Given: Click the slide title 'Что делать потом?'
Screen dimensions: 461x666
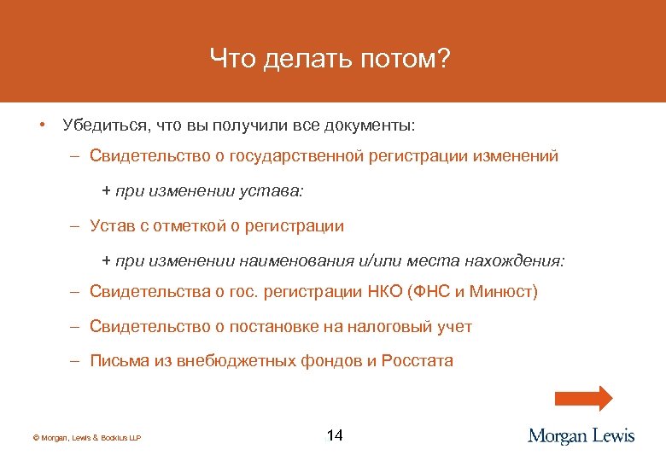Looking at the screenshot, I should pos(330,59).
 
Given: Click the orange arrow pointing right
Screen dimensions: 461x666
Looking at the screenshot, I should pos(584,400).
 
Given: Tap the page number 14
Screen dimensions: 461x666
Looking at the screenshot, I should pos(335,436).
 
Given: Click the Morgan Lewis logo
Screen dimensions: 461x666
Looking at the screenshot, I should pos(581,436).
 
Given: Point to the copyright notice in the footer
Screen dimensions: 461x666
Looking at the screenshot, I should pos(86,438).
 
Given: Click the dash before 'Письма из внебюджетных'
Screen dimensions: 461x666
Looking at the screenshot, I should pos(75,360).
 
